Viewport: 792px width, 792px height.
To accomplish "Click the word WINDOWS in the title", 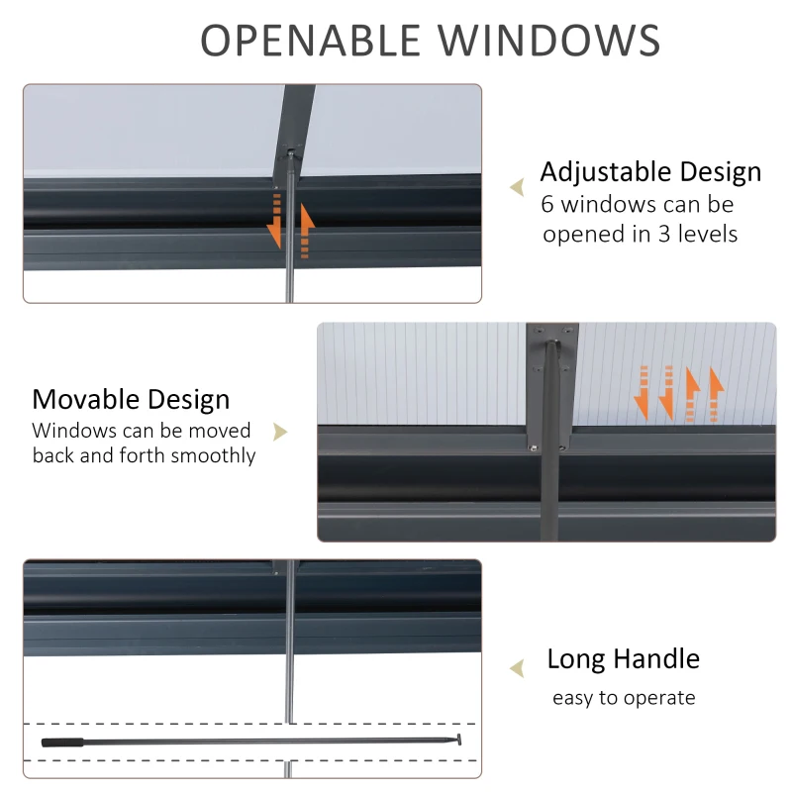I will [x=554, y=41].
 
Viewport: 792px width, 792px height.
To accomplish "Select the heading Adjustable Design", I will [x=650, y=171].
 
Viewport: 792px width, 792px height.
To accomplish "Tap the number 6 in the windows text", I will [x=547, y=205].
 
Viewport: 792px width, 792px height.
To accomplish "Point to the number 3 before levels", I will [x=666, y=235].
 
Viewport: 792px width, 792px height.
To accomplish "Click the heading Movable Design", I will [x=131, y=399].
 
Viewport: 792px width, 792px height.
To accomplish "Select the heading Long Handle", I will [x=623, y=658].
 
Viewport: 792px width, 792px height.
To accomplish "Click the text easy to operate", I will [x=624, y=698].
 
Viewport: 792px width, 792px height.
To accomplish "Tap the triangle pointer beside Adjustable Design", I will [x=516, y=188].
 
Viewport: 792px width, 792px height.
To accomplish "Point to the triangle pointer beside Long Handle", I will [x=516, y=669].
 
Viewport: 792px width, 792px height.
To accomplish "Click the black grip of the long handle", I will [x=61, y=741].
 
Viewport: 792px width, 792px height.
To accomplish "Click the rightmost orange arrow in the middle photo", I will [x=715, y=394].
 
